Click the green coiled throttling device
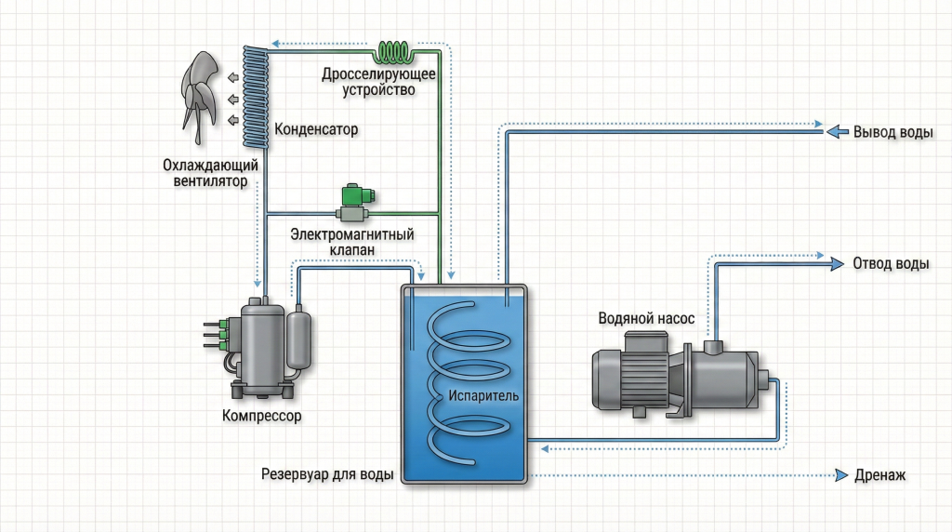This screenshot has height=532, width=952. click(x=400, y=51)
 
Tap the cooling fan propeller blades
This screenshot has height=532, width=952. click(x=200, y=93)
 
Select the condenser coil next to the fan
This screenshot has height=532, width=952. click(x=255, y=98)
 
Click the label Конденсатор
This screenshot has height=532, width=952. click(x=316, y=130)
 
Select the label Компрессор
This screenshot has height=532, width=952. click(x=262, y=416)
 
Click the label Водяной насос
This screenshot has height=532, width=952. click(x=646, y=318)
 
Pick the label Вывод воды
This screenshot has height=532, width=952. click(x=892, y=132)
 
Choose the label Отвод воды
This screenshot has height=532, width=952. click(x=891, y=263)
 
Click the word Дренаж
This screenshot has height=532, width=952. click(x=879, y=476)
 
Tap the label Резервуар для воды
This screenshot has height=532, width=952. click(x=327, y=474)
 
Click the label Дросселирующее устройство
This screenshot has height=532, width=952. click(x=368, y=82)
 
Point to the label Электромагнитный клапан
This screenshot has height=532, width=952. click(x=352, y=243)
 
